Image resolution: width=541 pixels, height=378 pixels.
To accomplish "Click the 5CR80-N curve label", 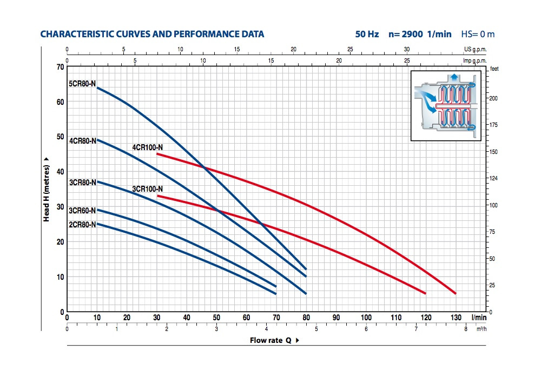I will pyautogui.click(x=82, y=84).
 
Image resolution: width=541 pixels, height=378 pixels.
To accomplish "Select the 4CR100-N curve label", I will pyautogui.click(x=148, y=147).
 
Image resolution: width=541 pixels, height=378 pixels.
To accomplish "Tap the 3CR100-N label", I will pyautogui.click(x=148, y=189).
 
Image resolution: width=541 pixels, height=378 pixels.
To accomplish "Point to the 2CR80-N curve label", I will pyautogui.click(x=82, y=224).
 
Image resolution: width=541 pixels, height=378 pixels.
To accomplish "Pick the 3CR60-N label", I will pyautogui.click(x=82, y=211).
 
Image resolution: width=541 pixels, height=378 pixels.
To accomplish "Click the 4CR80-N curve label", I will pyautogui.click(x=82, y=141).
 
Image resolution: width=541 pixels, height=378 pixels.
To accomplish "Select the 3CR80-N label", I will pyautogui.click(x=82, y=183).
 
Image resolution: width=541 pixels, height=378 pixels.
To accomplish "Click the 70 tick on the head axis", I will pyautogui.click(x=60, y=67).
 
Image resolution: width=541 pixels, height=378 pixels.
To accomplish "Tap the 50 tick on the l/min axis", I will pyautogui.click(x=216, y=318).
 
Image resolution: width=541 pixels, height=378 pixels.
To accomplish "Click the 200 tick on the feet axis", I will pyautogui.click(x=492, y=98).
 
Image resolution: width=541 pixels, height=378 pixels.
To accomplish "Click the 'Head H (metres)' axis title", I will pyautogui.click(x=48, y=189).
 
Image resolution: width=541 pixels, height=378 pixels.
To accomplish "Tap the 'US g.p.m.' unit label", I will pyautogui.click(x=476, y=49).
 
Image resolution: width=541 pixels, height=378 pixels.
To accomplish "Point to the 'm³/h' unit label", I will pyautogui.click(x=481, y=329).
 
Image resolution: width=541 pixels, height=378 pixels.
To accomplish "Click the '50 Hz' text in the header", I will pyautogui.click(x=367, y=34).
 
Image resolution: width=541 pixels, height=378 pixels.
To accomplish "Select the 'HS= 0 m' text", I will pyautogui.click(x=478, y=34).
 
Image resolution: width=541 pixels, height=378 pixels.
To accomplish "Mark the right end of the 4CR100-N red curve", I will pyautogui.click(x=456, y=293).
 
